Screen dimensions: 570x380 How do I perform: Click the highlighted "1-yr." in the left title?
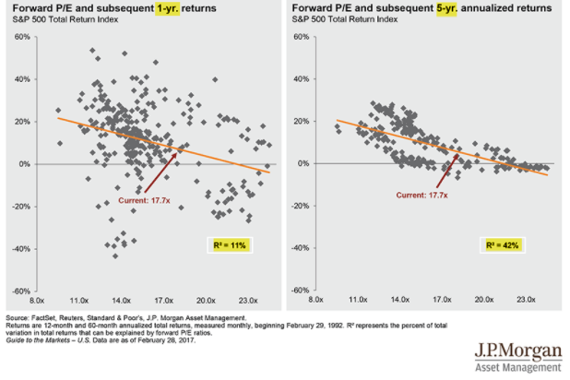tap(168, 8)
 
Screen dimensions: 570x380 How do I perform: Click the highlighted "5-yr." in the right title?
tap(446, 8)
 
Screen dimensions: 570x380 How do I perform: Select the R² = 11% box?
tap(230, 245)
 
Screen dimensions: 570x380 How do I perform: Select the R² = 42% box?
tap(503, 245)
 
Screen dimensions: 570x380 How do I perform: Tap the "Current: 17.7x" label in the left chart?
tap(144, 200)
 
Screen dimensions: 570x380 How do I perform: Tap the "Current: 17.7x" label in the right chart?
tap(422, 196)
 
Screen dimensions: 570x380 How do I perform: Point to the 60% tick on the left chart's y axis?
tap(22, 37)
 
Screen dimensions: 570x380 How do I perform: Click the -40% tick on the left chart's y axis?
tap(22, 249)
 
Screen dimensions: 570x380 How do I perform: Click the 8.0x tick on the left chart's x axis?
tap(37, 301)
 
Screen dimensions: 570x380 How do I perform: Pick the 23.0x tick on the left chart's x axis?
tap(248, 301)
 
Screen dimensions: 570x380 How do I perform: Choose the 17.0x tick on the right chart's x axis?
tap(442, 300)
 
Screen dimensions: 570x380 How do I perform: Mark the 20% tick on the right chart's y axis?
tap(302, 121)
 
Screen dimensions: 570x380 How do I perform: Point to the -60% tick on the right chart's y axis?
tap(301, 291)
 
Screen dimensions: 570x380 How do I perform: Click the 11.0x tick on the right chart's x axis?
tap(358, 300)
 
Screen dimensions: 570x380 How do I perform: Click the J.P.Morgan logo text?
tap(518, 350)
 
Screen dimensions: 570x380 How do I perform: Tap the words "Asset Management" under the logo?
tap(518, 367)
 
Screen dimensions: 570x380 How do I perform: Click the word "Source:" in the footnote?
tap(18, 318)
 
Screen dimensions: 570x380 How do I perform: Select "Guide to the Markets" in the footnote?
tap(38, 340)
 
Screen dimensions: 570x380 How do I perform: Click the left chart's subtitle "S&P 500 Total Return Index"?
tap(65, 19)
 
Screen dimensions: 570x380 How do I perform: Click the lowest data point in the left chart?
tap(115, 256)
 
